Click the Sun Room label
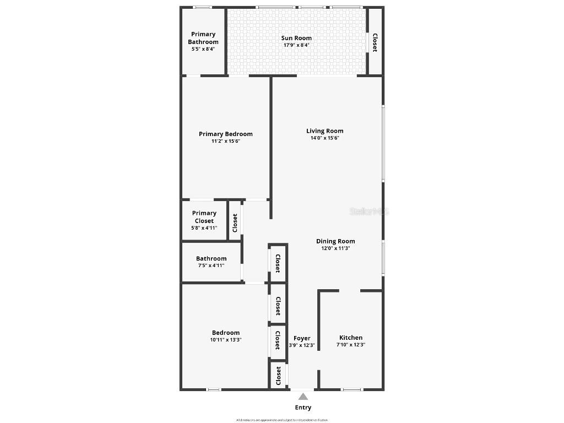click(296, 38)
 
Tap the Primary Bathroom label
click(203, 38)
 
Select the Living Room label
click(325, 131)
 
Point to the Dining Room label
click(335, 241)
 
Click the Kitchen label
click(351, 338)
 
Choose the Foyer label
click(302, 338)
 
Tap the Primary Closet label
click(204, 217)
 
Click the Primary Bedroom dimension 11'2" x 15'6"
click(226, 141)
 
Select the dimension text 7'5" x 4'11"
click(211, 265)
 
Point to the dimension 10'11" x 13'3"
click(226, 340)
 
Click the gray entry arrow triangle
click(303, 396)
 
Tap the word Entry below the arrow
click(303, 408)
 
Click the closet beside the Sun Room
click(375, 42)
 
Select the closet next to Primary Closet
click(235, 223)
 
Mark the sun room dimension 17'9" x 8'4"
click(296, 45)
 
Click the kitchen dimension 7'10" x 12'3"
click(351, 345)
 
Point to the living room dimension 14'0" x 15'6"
click(325, 138)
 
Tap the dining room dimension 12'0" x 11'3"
click(335, 248)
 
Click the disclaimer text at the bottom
click(282, 420)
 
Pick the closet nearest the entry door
click(279, 376)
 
